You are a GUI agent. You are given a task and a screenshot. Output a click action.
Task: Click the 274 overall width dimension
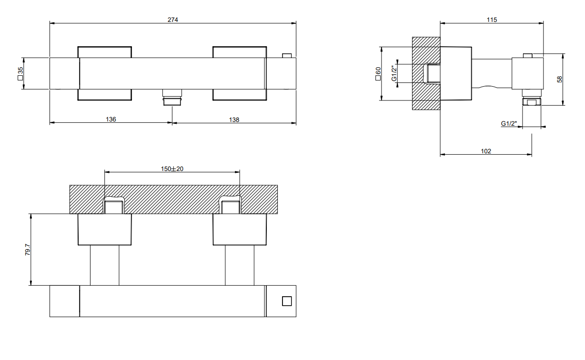pyautogui.click(x=172, y=20)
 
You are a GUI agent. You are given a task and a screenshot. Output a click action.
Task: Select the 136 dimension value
pyautogui.click(x=111, y=120)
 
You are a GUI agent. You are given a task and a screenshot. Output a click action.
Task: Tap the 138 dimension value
pyautogui.click(x=234, y=120)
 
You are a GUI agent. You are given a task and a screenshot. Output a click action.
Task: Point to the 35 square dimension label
pyautogui.click(x=20, y=73)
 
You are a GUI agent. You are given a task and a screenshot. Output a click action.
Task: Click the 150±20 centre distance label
pyautogui.click(x=172, y=169)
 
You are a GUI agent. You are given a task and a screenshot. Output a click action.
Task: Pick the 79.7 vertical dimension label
pyautogui.click(x=28, y=250)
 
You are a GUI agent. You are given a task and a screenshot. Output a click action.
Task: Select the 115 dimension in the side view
pyautogui.click(x=492, y=20)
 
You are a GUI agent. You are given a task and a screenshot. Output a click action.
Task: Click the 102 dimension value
pyautogui.click(x=486, y=151)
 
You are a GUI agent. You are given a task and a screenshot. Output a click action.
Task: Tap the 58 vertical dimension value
pyautogui.click(x=560, y=80)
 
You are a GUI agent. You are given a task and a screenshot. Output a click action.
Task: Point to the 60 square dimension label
pyautogui.click(x=378, y=74)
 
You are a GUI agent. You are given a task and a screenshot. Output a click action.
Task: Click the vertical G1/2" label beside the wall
pyautogui.click(x=394, y=74)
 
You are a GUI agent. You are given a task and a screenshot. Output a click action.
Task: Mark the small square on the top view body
pyautogui.click(x=286, y=300)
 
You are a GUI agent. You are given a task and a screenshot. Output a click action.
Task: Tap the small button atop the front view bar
pyautogui.click(x=286, y=55)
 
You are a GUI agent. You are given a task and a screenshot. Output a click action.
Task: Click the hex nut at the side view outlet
pyautogui.click(x=532, y=101)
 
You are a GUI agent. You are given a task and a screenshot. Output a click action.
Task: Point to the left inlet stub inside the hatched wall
pyautogui.click(x=114, y=207)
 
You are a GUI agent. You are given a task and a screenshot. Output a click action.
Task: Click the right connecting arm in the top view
pyautogui.click(x=240, y=265)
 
